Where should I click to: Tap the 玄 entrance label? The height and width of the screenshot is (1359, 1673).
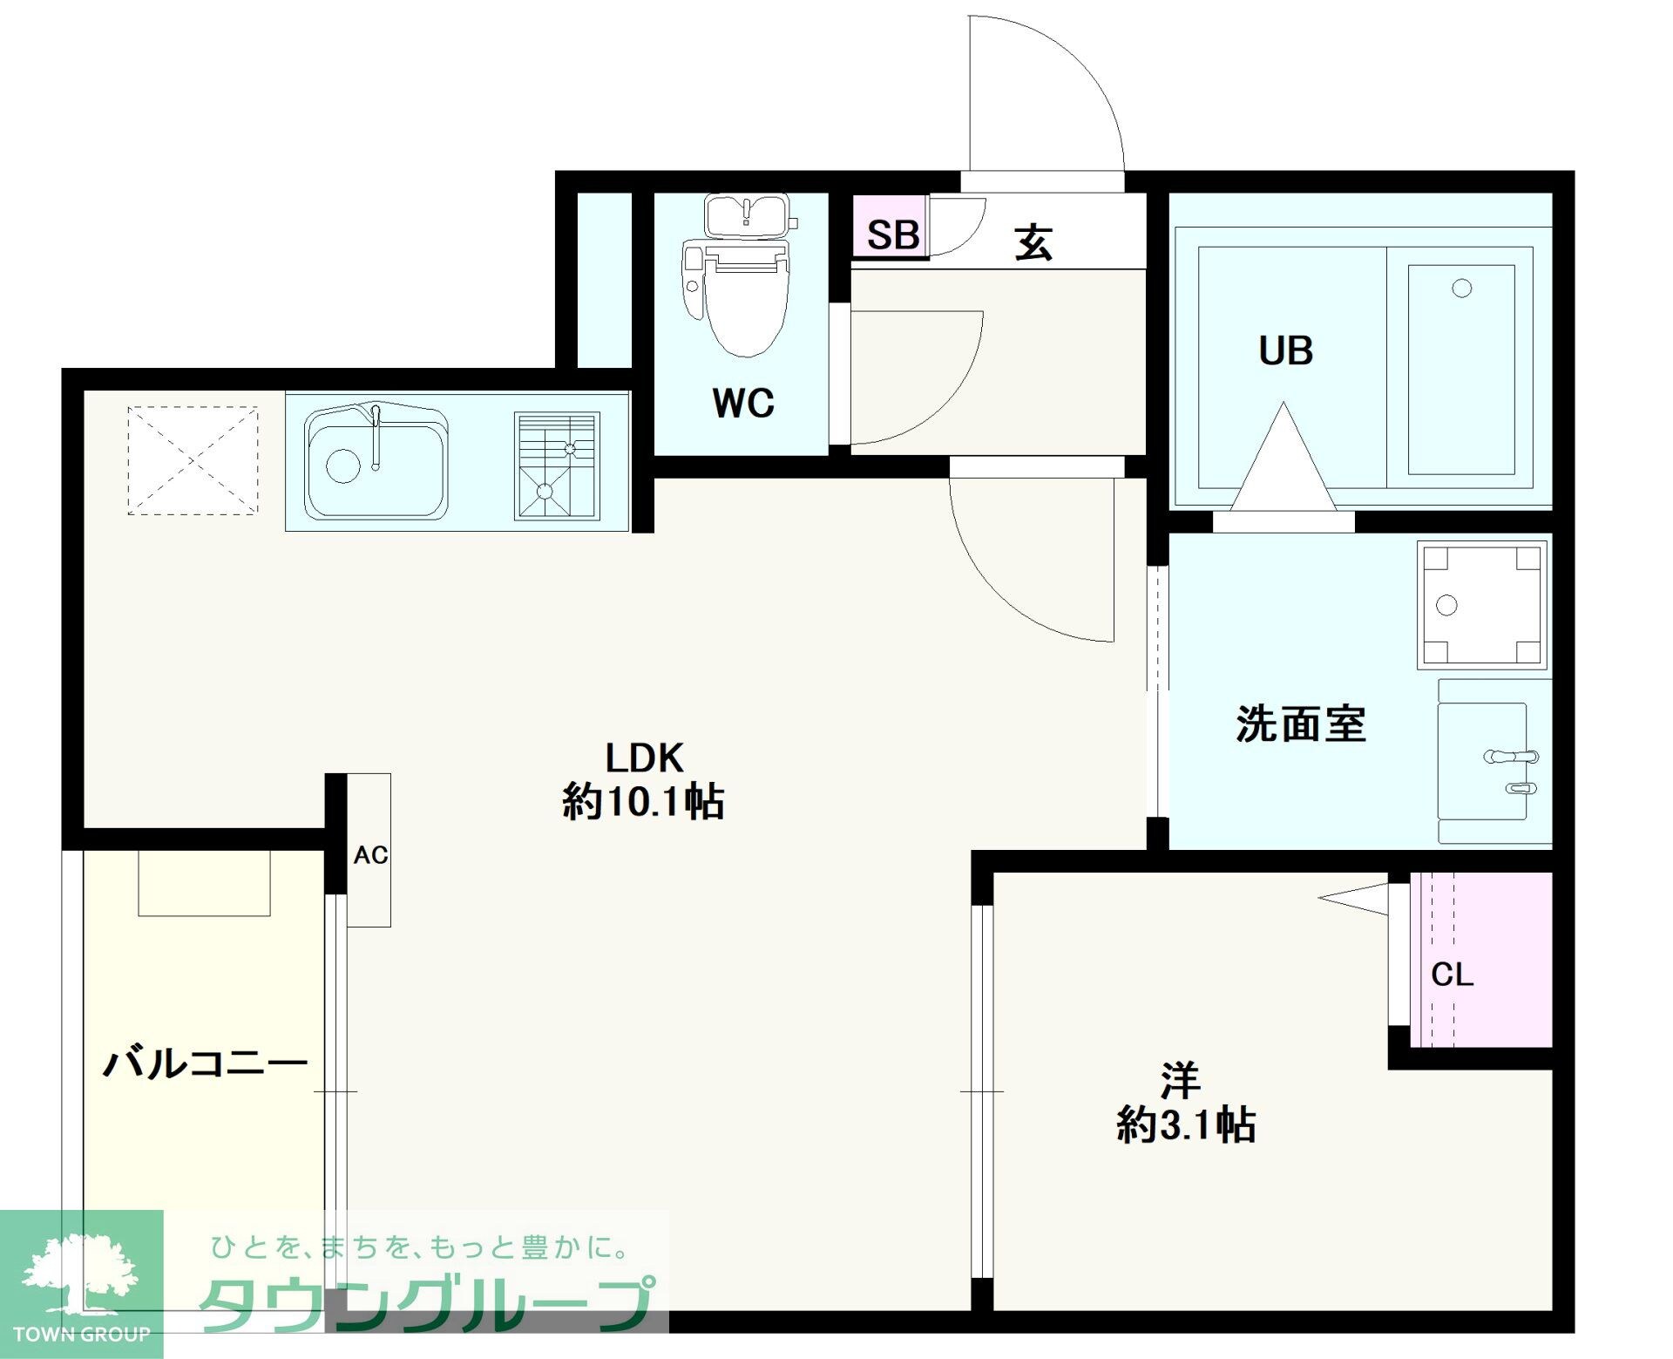pyautogui.click(x=1034, y=242)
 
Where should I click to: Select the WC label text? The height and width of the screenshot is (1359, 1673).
pyautogui.click(x=742, y=403)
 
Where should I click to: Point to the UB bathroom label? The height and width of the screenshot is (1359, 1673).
pyautogui.click(x=1285, y=350)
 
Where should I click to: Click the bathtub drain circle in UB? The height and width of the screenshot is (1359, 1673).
pyautogui.click(x=1462, y=288)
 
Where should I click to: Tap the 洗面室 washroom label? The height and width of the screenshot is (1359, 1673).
pyautogui.click(x=1301, y=724)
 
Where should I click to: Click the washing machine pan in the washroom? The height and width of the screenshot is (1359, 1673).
pyautogui.click(x=1482, y=604)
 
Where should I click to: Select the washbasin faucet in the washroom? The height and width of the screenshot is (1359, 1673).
pyautogui.click(x=1512, y=757)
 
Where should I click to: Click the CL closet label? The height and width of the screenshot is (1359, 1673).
pyautogui.click(x=1452, y=975)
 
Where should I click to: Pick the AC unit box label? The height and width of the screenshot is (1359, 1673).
pyautogui.click(x=370, y=855)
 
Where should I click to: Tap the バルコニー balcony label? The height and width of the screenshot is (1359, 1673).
pyautogui.click(x=206, y=1063)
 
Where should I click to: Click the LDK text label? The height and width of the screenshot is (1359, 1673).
pyautogui.click(x=644, y=758)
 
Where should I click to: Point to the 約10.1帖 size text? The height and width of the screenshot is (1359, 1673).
pyautogui.click(x=643, y=802)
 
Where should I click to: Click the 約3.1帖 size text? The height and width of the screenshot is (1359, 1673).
pyautogui.click(x=1185, y=1125)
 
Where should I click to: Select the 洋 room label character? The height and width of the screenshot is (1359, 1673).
pyautogui.click(x=1181, y=1081)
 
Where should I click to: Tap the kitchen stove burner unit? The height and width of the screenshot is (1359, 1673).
pyautogui.click(x=557, y=466)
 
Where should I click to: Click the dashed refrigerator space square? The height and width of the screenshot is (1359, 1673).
pyautogui.click(x=193, y=460)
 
